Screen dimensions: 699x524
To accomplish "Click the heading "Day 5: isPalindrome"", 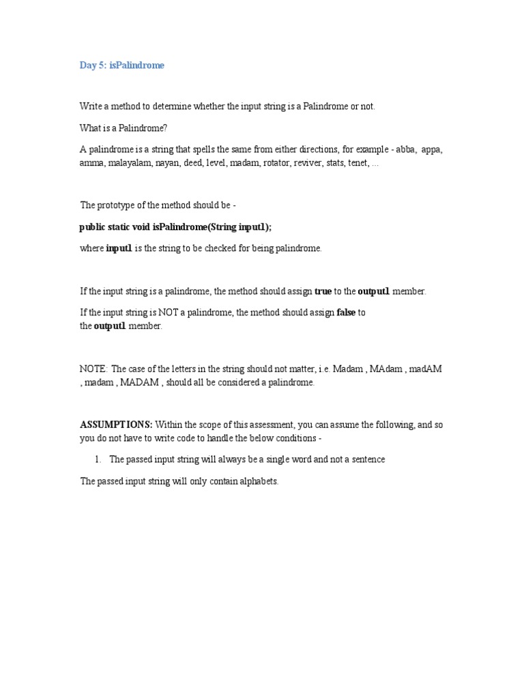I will [x=122, y=66].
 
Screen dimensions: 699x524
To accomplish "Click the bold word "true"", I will [x=323, y=291].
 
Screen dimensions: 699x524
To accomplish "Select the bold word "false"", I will [x=347, y=313].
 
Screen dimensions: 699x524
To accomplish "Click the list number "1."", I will [x=96, y=460].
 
